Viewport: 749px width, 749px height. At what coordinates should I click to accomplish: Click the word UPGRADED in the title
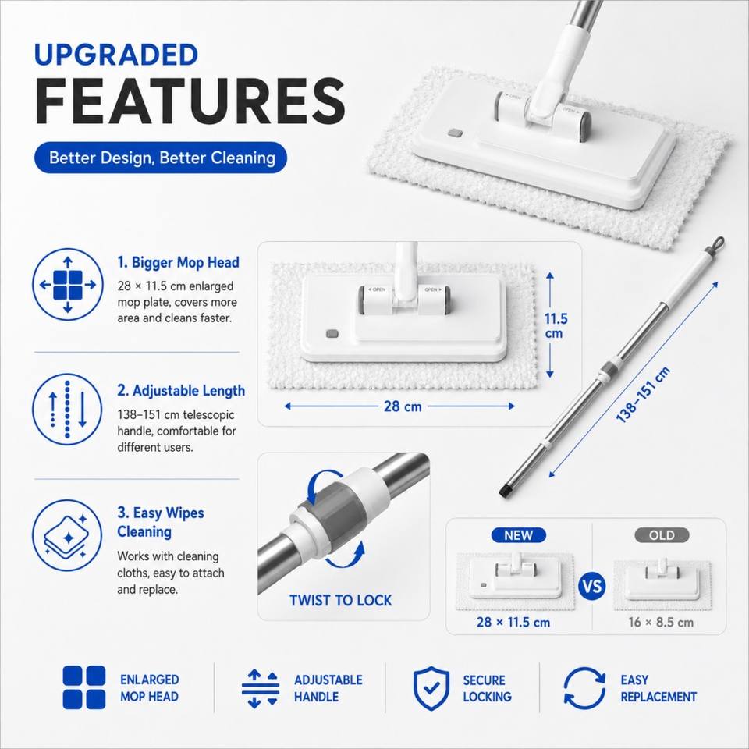point(116,55)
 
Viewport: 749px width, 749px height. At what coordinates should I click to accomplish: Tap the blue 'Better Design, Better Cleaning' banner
point(161,158)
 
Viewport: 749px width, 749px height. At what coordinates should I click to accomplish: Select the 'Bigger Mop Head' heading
point(178,262)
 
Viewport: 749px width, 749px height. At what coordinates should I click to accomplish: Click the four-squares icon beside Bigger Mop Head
point(67,285)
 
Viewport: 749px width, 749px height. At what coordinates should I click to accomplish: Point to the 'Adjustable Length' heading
point(181,390)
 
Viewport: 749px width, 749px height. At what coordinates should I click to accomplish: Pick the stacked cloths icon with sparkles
point(67,535)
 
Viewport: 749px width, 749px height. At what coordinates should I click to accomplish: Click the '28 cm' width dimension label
point(403,406)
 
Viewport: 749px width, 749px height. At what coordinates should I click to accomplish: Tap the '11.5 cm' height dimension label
point(556,326)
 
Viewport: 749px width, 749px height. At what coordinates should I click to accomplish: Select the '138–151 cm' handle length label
point(642,395)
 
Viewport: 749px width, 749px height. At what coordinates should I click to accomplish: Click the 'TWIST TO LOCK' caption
point(341,600)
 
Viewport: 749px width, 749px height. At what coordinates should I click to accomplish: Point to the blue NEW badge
point(518,535)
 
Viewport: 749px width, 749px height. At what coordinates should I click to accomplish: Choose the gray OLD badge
point(662,535)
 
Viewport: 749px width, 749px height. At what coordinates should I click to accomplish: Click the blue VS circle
point(592,586)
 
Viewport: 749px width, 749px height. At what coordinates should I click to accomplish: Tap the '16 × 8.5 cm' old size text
point(661,622)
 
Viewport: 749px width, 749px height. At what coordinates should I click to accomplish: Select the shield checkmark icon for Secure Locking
point(431,688)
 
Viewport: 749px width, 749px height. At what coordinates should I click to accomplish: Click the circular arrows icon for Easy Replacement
point(584,688)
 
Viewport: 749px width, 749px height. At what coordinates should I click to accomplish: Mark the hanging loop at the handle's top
point(719,243)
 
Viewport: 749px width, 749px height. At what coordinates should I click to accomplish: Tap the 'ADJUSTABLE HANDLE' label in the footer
point(328,688)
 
